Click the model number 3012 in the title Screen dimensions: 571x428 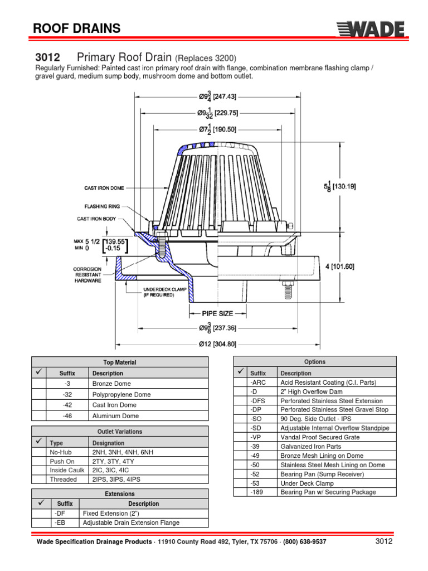click(47, 58)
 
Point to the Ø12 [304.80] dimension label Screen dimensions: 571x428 click(218, 344)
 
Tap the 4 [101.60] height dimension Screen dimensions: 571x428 click(340, 267)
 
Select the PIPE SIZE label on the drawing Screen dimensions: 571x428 click(213, 313)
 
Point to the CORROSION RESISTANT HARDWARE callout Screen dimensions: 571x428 click(87, 275)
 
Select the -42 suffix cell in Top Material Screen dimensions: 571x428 click(67, 405)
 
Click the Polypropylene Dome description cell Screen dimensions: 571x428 click(122, 395)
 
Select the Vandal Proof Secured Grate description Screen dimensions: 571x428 click(317, 438)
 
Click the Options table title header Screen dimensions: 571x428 click(315, 362)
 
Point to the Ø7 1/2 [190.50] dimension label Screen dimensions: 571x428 click(217, 129)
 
